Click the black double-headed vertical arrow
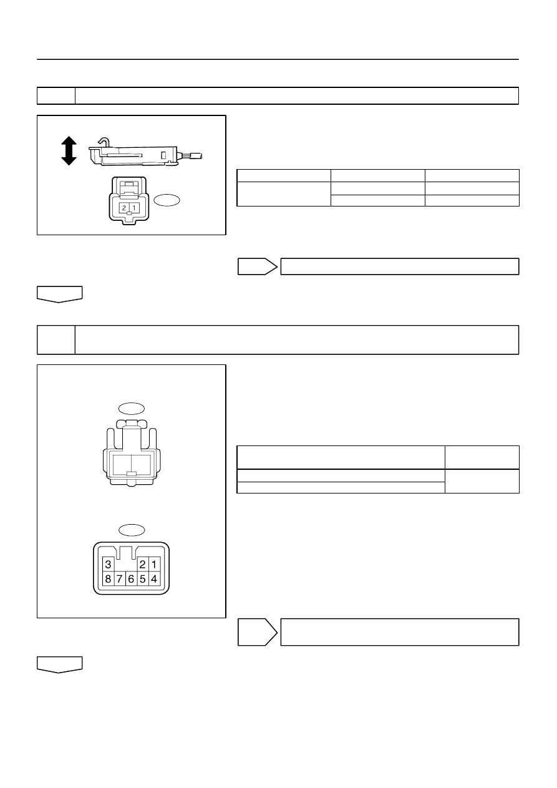(x=69, y=151)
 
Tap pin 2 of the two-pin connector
(x=124, y=208)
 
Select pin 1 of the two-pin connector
(x=134, y=208)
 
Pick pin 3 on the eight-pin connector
(x=109, y=565)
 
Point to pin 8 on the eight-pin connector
(x=109, y=579)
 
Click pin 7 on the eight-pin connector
(x=120, y=579)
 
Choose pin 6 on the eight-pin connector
(x=131, y=579)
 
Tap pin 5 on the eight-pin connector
(x=143, y=579)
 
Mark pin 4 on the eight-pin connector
(x=154, y=579)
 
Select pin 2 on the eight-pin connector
(x=143, y=565)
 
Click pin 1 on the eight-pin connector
(x=154, y=565)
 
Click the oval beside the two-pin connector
(x=167, y=200)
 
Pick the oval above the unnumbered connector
(x=132, y=409)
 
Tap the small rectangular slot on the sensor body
(x=163, y=155)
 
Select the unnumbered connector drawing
(x=132, y=453)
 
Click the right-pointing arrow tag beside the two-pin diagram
(x=258, y=266)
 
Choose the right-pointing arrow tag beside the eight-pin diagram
(x=258, y=632)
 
